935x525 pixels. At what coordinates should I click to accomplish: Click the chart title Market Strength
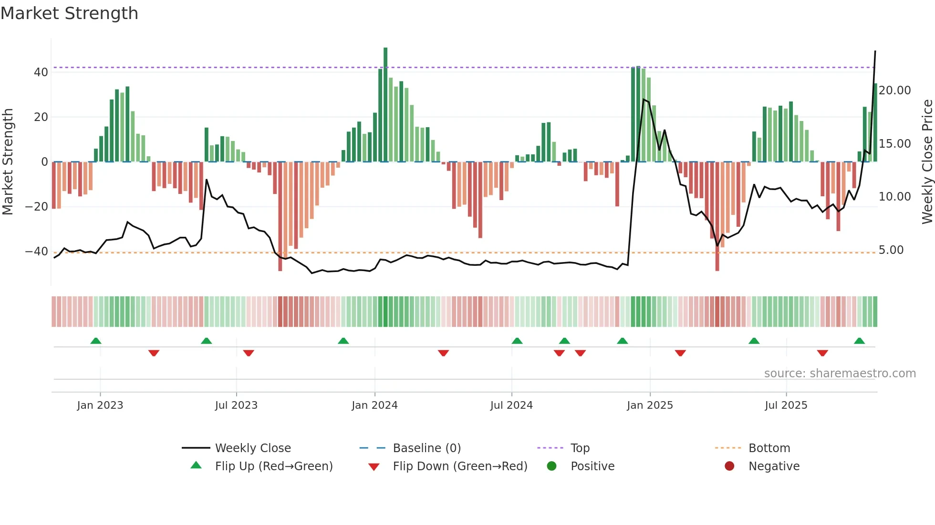pos(69,13)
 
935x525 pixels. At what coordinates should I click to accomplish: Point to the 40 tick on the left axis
pos(41,72)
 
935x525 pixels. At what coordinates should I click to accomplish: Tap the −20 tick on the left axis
pos(37,207)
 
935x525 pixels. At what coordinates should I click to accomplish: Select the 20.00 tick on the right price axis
pos(894,91)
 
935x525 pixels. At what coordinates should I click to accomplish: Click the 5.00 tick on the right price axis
pos(891,250)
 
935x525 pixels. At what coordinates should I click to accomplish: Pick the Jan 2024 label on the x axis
pos(374,405)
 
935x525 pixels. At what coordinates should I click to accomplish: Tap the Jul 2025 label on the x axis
pos(786,405)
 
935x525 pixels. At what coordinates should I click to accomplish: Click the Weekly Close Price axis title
pos(927,162)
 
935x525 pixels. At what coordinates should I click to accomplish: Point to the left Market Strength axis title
pos(8,162)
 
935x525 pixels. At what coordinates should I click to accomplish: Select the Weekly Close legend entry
pos(252,448)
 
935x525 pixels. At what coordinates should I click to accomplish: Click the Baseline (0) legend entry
pos(426,448)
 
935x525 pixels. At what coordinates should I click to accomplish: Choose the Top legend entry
pos(580,448)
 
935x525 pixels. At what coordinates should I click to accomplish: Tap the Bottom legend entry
pos(769,448)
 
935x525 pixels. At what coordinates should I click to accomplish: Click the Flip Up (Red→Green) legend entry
pos(273,466)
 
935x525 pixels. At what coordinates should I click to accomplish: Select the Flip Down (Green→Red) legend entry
pos(460,466)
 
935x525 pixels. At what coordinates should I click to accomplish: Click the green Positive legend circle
pos(551,466)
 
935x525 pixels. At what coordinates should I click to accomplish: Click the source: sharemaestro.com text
pos(840,374)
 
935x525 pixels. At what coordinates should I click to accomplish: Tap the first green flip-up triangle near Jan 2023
pos(96,341)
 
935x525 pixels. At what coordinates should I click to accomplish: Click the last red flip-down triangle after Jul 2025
pos(822,353)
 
